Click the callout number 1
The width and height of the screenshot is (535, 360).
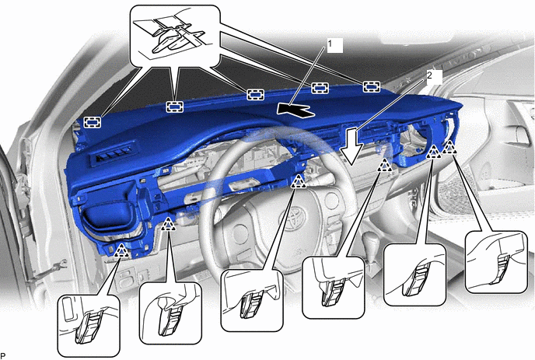[x=330, y=44]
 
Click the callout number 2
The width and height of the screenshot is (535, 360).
[x=429, y=75]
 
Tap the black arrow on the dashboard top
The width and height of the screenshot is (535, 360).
[x=295, y=110]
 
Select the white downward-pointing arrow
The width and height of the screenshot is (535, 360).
[x=352, y=145]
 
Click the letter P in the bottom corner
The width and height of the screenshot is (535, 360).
[x=3, y=356]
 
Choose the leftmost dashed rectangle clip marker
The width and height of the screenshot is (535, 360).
[x=93, y=122]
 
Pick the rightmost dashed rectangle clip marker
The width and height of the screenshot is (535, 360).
[x=372, y=86]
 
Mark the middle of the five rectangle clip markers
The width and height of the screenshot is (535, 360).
[x=256, y=94]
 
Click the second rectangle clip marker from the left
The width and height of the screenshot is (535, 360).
[x=174, y=107]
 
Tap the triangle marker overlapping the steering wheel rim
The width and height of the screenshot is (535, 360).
[x=299, y=181]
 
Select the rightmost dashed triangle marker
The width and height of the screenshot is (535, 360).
[x=449, y=147]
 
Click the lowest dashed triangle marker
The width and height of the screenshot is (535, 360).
[x=121, y=250]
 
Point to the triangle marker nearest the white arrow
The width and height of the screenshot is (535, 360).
[x=385, y=165]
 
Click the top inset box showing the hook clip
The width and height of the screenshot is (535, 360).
[x=176, y=36]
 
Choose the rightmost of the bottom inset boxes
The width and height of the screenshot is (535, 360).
[x=496, y=262]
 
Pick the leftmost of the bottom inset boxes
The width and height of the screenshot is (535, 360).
[x=89, y=326]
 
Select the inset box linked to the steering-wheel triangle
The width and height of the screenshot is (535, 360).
[x=252, y=301]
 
